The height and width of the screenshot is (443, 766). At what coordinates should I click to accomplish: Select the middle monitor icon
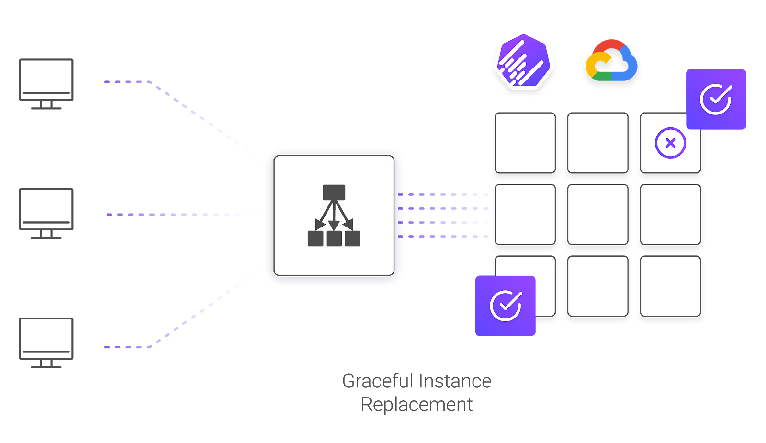[46, 213]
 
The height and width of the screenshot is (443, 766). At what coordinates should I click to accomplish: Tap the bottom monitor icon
[46, 342]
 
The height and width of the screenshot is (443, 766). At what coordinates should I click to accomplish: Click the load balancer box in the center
[334, 216]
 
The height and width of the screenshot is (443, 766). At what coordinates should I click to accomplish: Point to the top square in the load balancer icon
[334, 193]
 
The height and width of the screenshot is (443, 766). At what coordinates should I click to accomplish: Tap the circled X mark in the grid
[670, 143]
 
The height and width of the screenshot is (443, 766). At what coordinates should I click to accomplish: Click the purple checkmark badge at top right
[716, 99]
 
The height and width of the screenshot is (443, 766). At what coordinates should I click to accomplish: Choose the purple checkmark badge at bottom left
[505, 306]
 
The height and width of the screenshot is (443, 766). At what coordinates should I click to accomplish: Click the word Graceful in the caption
[378, 381]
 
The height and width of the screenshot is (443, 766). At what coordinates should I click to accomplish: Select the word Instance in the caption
[454, 381]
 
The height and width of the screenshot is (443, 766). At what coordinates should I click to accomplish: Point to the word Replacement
[417, 405]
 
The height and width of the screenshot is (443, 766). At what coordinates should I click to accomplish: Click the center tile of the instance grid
[597, 215]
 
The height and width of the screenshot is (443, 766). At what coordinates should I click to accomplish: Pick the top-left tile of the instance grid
[525, 143]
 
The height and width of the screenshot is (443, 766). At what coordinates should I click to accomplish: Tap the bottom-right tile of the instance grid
[670, 286]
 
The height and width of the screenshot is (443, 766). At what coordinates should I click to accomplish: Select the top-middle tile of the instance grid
[597, 143]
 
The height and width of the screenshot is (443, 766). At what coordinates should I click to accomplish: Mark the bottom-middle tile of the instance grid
[597, 286]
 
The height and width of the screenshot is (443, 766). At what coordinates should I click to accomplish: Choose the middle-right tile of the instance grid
[670, 215]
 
